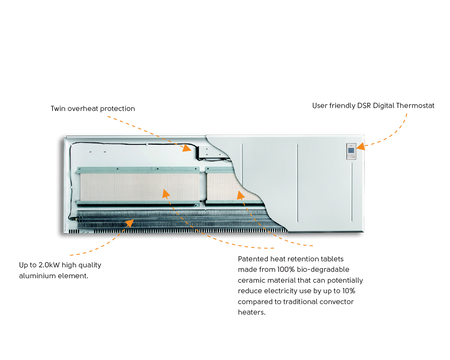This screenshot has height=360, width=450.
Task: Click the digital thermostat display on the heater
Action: [x=351, y=150]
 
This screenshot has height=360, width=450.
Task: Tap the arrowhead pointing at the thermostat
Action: [x=361, y=146]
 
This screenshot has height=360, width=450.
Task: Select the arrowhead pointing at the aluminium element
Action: [x=129, y=222]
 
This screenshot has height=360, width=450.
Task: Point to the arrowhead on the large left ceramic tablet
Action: [x=166, y=193]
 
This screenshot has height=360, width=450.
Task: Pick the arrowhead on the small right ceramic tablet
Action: [x=241, y=195]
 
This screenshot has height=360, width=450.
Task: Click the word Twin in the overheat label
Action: [x=58, y=109]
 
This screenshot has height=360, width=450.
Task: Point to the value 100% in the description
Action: [x=286, y=269]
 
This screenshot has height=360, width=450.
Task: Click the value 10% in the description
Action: [x=348, y=291]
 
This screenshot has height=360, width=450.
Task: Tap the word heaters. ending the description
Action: [x=252, y=312]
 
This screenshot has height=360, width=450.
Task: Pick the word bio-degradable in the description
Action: [x=323, y=269]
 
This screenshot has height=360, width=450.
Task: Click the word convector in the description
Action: [x=337, y=302]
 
